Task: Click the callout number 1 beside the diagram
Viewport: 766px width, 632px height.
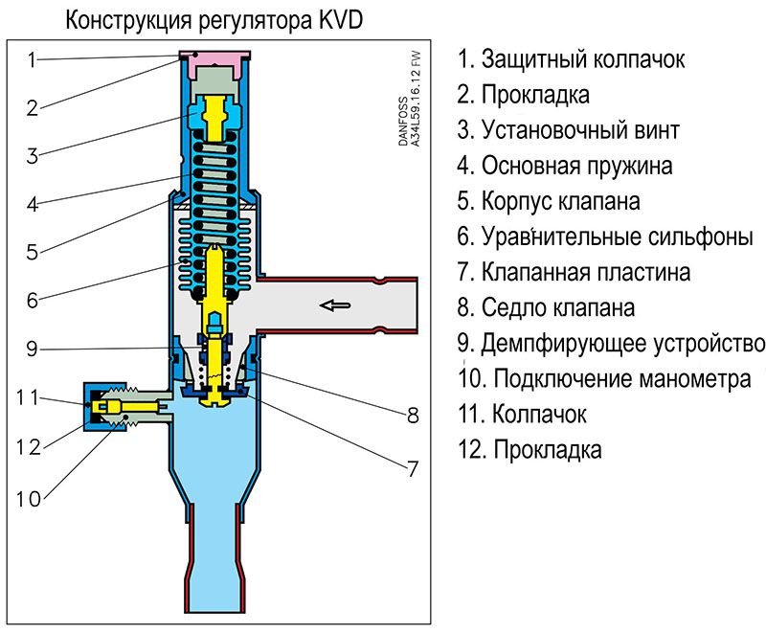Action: tap(32, 59)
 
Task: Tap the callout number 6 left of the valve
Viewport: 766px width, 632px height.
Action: tap(33, 300)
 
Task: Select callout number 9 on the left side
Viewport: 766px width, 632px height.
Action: tap(32, 349)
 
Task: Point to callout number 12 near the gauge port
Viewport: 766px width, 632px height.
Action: tap(29, 447)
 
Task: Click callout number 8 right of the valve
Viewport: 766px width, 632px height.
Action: tap(413, 416)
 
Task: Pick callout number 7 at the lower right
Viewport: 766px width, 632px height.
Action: tap(413, 469)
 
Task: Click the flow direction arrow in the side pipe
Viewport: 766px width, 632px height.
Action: tap(334, 305)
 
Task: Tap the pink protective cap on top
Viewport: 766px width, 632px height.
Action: tap(214, 59)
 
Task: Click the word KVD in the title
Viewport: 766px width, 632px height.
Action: tap(341, 20)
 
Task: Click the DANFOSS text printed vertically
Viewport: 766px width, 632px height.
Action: tap(403, 121)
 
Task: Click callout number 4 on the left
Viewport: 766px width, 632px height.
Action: tap(33, 204)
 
